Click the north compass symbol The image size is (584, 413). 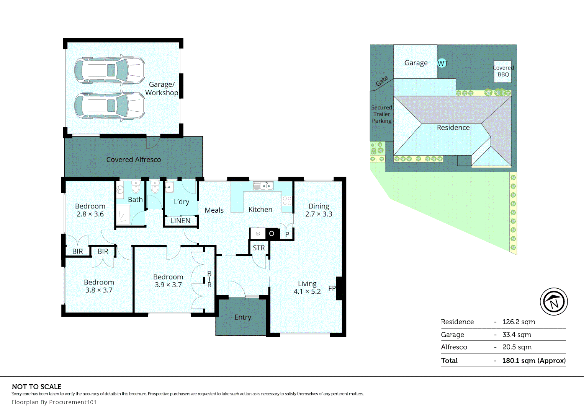tap(554, 302)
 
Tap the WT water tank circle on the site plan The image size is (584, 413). tap(442, 63)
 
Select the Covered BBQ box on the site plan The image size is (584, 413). tap(503, 72)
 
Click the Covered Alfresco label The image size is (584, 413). tap(134, 159)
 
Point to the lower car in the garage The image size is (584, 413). tap(110, 106)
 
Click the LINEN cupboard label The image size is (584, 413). tap(180, 221)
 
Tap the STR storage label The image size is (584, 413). tap(258, 248)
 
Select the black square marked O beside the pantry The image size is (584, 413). tap(272, 233)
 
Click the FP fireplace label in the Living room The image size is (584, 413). tap(332, 288)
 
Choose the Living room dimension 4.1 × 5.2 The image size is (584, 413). tap(307, 291)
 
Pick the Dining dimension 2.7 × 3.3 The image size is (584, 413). tap(319, 214)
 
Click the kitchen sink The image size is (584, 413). tap(263, 186)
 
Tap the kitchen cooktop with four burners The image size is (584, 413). tap(287, 201)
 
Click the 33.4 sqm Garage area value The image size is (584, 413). tap(517, 335)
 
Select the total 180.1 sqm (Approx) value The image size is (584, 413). tap(534, 360)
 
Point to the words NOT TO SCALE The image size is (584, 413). tap(36, 387)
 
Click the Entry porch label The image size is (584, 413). tap(243, 317)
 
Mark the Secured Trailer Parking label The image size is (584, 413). tap(382, 114)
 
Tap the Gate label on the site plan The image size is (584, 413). tap(382, 81)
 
